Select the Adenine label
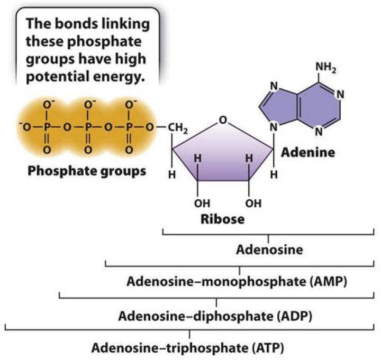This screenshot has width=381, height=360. click(x=308, y=153)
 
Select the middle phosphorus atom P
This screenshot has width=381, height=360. click(x=88, y=127)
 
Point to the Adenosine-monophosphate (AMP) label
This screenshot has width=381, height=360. click(x=237, y=281)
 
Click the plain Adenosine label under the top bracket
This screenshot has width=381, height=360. click(x=270, y=249)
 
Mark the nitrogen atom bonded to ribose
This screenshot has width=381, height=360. click(x=274, y=127)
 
